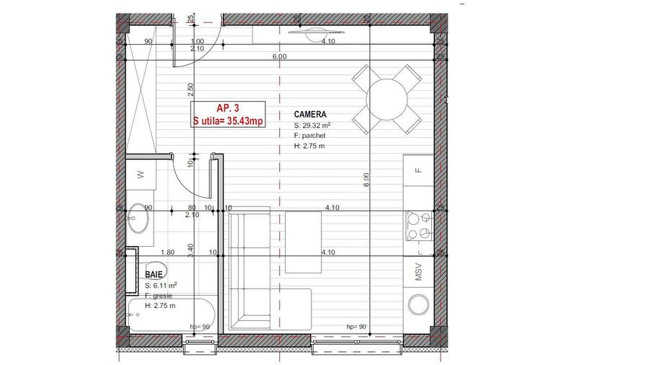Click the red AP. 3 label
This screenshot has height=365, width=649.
226,107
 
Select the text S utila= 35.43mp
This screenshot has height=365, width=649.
226,121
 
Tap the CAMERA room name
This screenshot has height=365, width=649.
311,114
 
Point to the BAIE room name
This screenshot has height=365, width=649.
154,275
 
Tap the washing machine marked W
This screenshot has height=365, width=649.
140,174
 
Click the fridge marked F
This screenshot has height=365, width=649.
418,170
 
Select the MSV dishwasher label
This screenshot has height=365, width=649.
418,274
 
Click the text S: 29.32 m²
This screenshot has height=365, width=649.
312,125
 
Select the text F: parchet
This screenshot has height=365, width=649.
311,135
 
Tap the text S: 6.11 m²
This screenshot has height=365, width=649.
161,286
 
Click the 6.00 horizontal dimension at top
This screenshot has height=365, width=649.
280,56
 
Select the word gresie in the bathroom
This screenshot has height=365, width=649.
164,296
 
